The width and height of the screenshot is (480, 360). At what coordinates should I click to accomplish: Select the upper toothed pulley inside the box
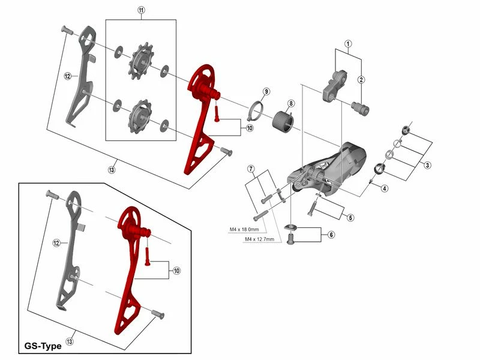point(142,62)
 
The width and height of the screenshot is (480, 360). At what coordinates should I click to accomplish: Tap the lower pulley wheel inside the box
point(141,114)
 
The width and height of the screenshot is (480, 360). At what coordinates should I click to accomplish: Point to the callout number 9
point(266,91)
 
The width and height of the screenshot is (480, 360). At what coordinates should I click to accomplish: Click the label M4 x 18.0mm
point(244,229)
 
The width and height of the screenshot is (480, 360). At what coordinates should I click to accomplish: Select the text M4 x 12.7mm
point(260,239)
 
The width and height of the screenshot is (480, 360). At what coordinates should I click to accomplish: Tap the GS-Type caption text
point(44,346)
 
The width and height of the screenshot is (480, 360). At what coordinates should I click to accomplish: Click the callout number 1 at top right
point(347,44)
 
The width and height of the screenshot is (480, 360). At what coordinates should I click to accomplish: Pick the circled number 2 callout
point(362,80)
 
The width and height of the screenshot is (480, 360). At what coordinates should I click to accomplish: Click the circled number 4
point(383,188)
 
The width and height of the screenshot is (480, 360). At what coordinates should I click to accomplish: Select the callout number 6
point(330,235)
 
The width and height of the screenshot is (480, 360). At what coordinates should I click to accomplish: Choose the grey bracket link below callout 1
point(335,85)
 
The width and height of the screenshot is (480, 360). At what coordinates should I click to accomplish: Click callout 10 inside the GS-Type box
point(176,271)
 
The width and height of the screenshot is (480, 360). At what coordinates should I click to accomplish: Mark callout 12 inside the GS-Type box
point(56,243)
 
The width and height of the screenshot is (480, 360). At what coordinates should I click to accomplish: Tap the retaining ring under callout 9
point(257,109)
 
